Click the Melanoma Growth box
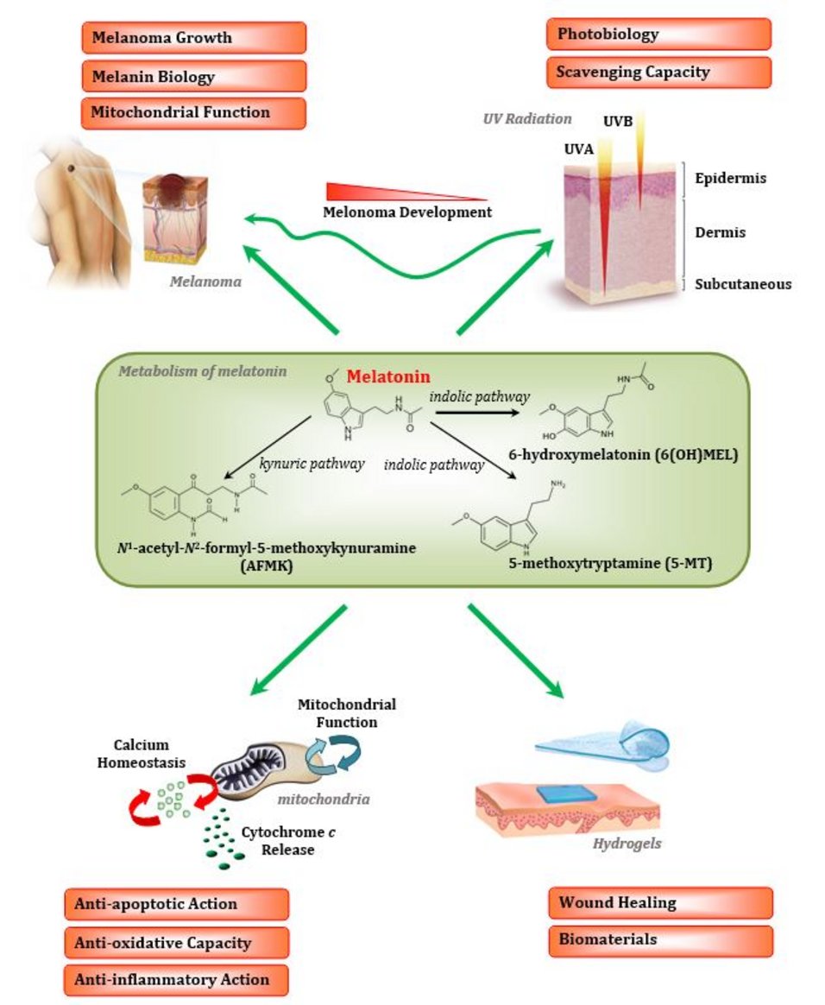(193, 38)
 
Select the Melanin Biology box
(193, 76)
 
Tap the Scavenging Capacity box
(658, 72)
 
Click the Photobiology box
(658, 35)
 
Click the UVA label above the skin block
(580, 149)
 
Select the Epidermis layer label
(730, 178)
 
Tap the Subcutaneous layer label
(743, 283)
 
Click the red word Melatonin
(388, 377)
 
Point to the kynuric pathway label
(299, 464)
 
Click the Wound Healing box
(660, 903)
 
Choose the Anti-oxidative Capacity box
(176, 942)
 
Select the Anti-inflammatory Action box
(176, 979)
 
